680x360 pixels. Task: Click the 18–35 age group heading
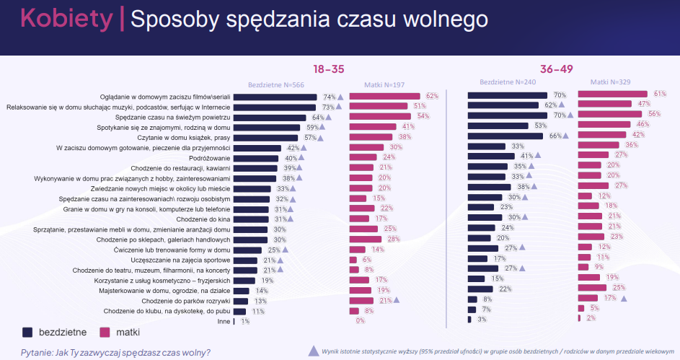tap(328, 69)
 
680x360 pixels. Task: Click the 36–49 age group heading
tap(557, 69)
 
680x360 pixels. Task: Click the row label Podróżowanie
tap(209, 158)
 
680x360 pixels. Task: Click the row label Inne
tap(224, 322)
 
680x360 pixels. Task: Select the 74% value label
tap(330, 97)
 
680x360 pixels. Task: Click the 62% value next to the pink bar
tap(432, 96)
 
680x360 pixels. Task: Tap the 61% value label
tap(659, 94)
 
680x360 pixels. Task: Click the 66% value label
tap(555, 136)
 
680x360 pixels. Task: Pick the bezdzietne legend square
tap(27, 333)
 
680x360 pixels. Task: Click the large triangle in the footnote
tap(312, 351)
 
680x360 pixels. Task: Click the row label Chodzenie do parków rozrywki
tap(186, 301)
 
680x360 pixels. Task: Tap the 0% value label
tap(360, 321)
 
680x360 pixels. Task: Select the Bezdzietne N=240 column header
tap(508, 82)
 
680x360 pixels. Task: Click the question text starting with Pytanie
tap(115, 352)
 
